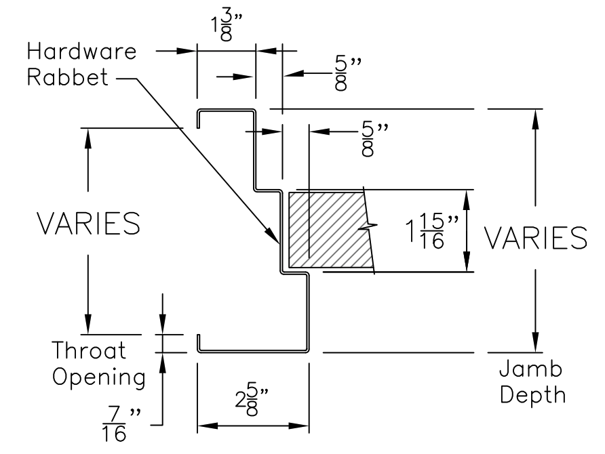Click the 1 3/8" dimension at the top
[x=225, y=24]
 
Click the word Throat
[x=90, y=350]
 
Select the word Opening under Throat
[x=99, y=377]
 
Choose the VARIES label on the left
[x=89, y=224]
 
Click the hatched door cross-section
[x=326, y=230]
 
